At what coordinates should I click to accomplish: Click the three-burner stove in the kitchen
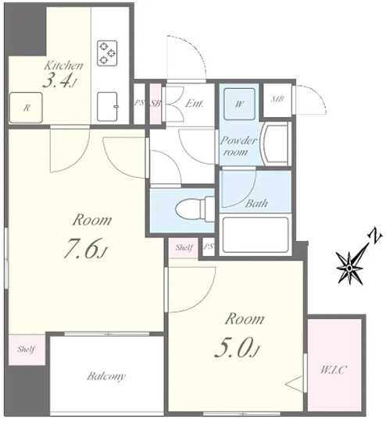[107, 53]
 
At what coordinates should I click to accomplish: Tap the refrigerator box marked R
[26, 108]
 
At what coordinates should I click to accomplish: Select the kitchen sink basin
[107, 107]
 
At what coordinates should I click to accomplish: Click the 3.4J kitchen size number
[59, 81]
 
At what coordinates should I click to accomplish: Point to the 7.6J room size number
[85, 248]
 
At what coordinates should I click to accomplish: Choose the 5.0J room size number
[236, 347]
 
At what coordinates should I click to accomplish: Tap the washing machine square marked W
[239, 104]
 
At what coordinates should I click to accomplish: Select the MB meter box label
[277, 99]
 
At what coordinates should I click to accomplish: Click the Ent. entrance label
[194, 104]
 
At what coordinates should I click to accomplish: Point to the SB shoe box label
[155, 103]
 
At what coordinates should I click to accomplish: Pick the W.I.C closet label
[333, 370]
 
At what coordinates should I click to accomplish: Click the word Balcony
[106, 376]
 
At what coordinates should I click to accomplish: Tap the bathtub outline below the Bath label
[255, 235]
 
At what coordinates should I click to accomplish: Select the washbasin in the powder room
[276, 144]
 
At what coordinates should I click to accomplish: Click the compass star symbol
[349, 268]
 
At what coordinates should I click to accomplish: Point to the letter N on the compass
[375, 236]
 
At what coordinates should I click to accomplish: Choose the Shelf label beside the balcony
[26, 349]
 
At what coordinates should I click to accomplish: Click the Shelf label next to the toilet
[184, 247]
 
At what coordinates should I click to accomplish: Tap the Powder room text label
[238, 146]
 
